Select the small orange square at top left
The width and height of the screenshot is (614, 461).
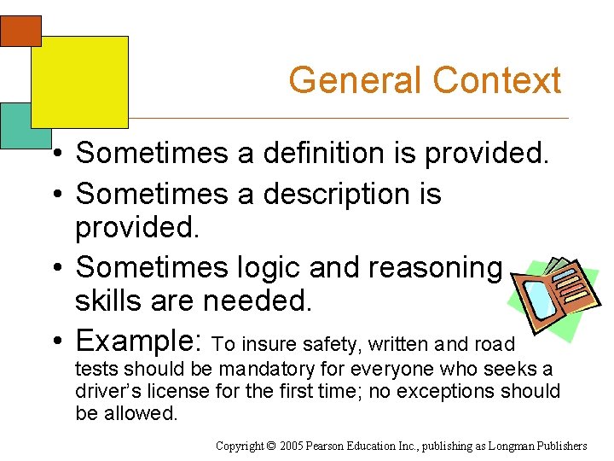tap(20, 31)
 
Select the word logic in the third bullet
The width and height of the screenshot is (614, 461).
tap(266, 268)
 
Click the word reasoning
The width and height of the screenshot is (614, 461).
tap(435, 268)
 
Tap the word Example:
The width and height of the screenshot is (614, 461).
tap(139, 341)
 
